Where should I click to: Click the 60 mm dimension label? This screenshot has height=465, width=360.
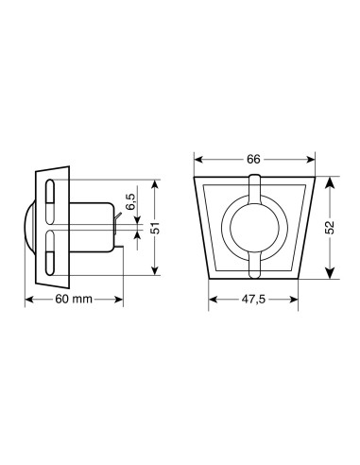click(73, 300)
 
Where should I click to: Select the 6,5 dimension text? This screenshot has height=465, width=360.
click(130, 203)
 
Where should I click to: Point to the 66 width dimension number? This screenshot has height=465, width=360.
click(253, 160)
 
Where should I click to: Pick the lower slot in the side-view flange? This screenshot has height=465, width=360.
click(51, 253)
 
